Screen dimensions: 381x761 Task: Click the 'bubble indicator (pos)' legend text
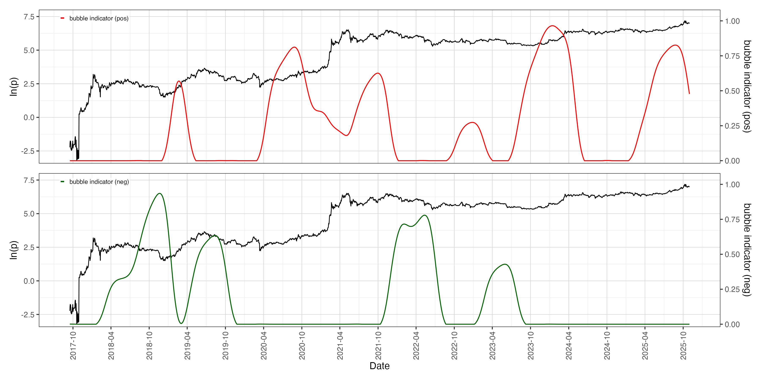click(99, 18)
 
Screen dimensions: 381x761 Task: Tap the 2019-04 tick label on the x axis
click(187, 345)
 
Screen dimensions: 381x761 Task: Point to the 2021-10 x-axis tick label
click(378, 345)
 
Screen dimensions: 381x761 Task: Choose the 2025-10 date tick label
click(683, 345)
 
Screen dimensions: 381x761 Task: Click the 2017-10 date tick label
click(73, 345)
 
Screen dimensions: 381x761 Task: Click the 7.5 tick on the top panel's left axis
click(29, 17)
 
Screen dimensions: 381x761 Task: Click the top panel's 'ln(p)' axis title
click(14, 86)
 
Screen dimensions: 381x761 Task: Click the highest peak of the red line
click(552, 26)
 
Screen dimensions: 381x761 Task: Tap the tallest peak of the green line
click(160, 193)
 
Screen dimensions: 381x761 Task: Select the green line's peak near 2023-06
click(505, 264)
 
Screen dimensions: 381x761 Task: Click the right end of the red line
click(689, 94)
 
